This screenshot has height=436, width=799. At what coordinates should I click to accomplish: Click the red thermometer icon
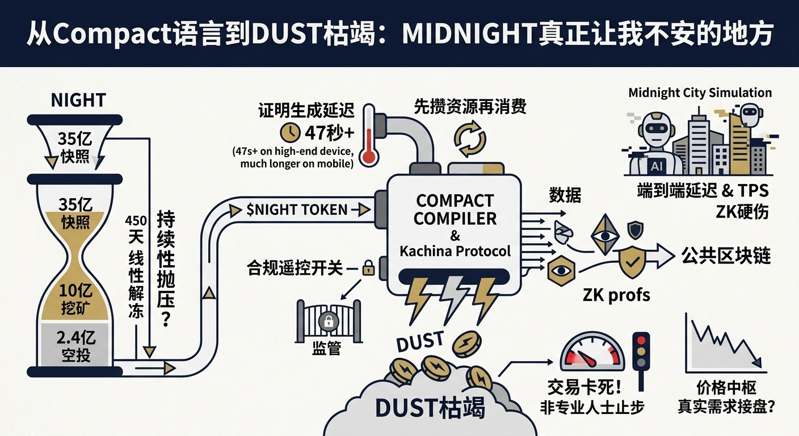369,135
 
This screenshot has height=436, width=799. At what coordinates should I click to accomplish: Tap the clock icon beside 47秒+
291,132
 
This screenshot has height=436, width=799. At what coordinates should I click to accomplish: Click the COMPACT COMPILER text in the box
455,209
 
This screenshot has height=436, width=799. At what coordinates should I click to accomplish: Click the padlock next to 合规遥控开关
368,267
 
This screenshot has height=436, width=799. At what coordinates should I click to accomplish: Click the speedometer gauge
592,353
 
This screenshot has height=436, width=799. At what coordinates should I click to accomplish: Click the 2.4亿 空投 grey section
75,346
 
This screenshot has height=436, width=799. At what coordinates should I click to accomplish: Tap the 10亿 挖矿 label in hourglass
75,299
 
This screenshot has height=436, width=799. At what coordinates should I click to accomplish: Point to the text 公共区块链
726,256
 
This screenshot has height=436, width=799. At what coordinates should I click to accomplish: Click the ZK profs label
616,295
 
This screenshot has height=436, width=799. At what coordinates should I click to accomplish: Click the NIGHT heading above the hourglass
78,100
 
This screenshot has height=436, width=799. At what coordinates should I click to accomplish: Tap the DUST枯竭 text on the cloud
430,408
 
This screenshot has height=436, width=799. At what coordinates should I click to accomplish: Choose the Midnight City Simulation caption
700,93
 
